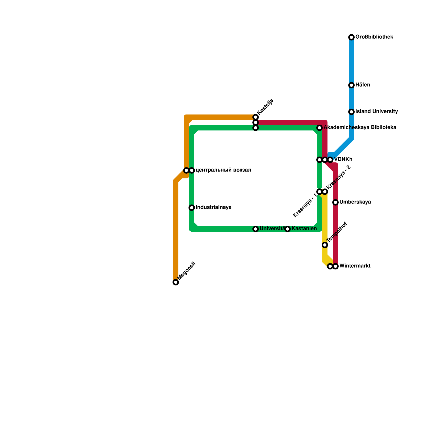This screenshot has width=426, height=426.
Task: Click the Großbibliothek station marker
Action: tap(351, 37)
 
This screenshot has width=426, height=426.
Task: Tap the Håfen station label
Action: tap(363, 85)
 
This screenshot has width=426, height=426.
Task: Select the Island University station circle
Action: tap(351, 112)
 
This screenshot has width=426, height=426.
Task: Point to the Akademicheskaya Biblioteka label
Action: tap(360, 128)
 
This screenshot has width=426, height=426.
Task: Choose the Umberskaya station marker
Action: tap(335, 202)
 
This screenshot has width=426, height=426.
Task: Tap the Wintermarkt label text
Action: tap(355, 266)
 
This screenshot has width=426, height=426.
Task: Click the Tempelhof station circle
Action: tap(325, 245)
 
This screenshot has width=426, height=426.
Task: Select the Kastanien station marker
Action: tap(288, 229)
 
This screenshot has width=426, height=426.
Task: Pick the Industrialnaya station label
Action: tap(214, 207)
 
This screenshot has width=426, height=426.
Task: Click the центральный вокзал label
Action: tap(223, 170)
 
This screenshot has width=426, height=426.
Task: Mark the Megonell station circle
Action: tap(176, 282)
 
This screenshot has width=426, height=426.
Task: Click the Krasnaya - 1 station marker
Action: tap(319, 192)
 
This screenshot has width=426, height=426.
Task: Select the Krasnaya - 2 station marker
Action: tap(325, 192)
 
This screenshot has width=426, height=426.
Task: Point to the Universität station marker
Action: tap(256, 229)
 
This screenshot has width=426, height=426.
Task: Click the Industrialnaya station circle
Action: tap(192, 208)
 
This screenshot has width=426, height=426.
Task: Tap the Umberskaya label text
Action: tap(355, 202)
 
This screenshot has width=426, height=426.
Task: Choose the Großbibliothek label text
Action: tap(374, 37)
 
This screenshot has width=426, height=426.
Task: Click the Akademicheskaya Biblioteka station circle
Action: tap(319, 128)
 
